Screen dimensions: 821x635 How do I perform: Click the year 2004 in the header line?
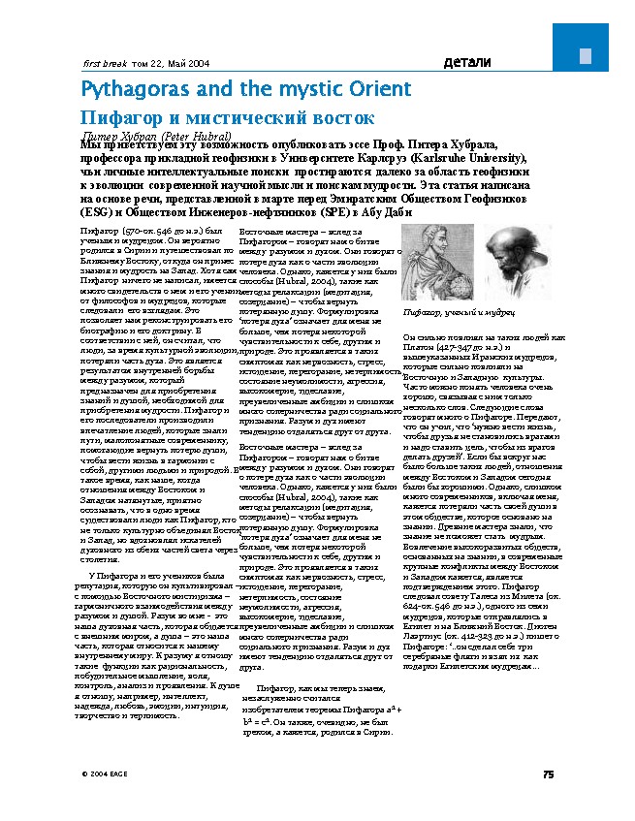click(x=196, y=63)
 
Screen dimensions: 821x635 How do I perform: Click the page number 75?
click(x=547, y=774)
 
